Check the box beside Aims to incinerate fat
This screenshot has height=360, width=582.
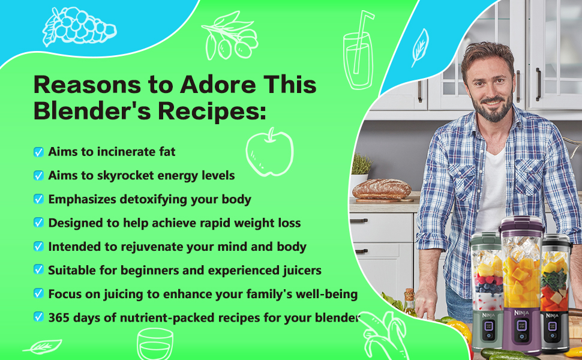pyautogui.click(x=38, y=152)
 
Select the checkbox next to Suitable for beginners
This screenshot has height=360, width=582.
pyautogui.click(x=38, y=270)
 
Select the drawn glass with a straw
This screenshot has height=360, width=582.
pyautogui.click(x=358, y=51)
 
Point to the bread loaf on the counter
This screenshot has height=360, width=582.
pyautogui.click(x=381, y=189)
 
